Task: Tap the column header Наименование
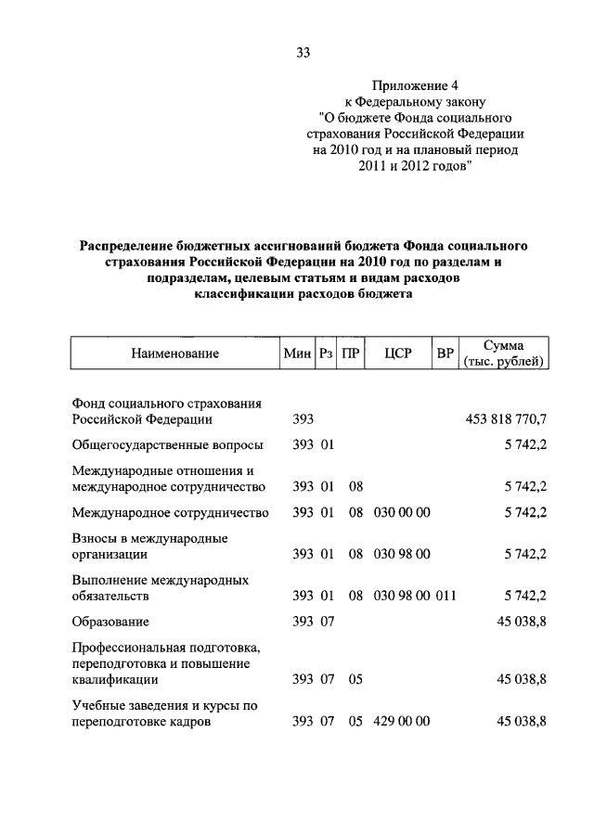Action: tap(174, 353)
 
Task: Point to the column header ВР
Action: tap(445, 353)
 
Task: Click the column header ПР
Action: tap(350, 353)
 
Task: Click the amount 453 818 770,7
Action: tap(506, 419)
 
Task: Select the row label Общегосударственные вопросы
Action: tap(167, 445)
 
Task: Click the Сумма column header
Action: tap(503, 345)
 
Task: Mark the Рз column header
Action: tap(326, 353)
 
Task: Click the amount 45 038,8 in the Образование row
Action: tap(521, 621)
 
